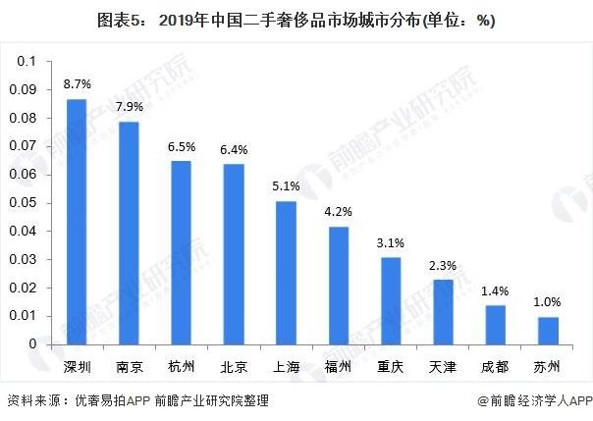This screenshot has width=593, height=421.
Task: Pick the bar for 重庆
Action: tap(391, 300)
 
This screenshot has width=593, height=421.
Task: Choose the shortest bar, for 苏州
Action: tap(548, 331)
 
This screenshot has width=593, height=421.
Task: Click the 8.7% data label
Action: tap(77, 86)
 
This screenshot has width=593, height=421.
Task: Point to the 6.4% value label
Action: tap(234, 150)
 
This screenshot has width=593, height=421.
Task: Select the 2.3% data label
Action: tap(443, 266)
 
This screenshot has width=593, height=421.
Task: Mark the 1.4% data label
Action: tap(496, 291)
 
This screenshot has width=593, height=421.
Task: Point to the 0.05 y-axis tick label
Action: tap(24, 203)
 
